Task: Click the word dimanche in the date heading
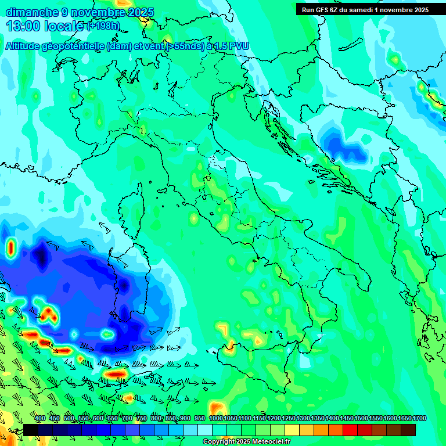click(32, 12)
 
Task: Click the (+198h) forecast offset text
click(103, 26)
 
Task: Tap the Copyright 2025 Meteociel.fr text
click(247, 442)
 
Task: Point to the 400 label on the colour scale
click(40, 419)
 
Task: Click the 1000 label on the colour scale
click(215, 419)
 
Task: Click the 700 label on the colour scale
click(127, 419)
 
